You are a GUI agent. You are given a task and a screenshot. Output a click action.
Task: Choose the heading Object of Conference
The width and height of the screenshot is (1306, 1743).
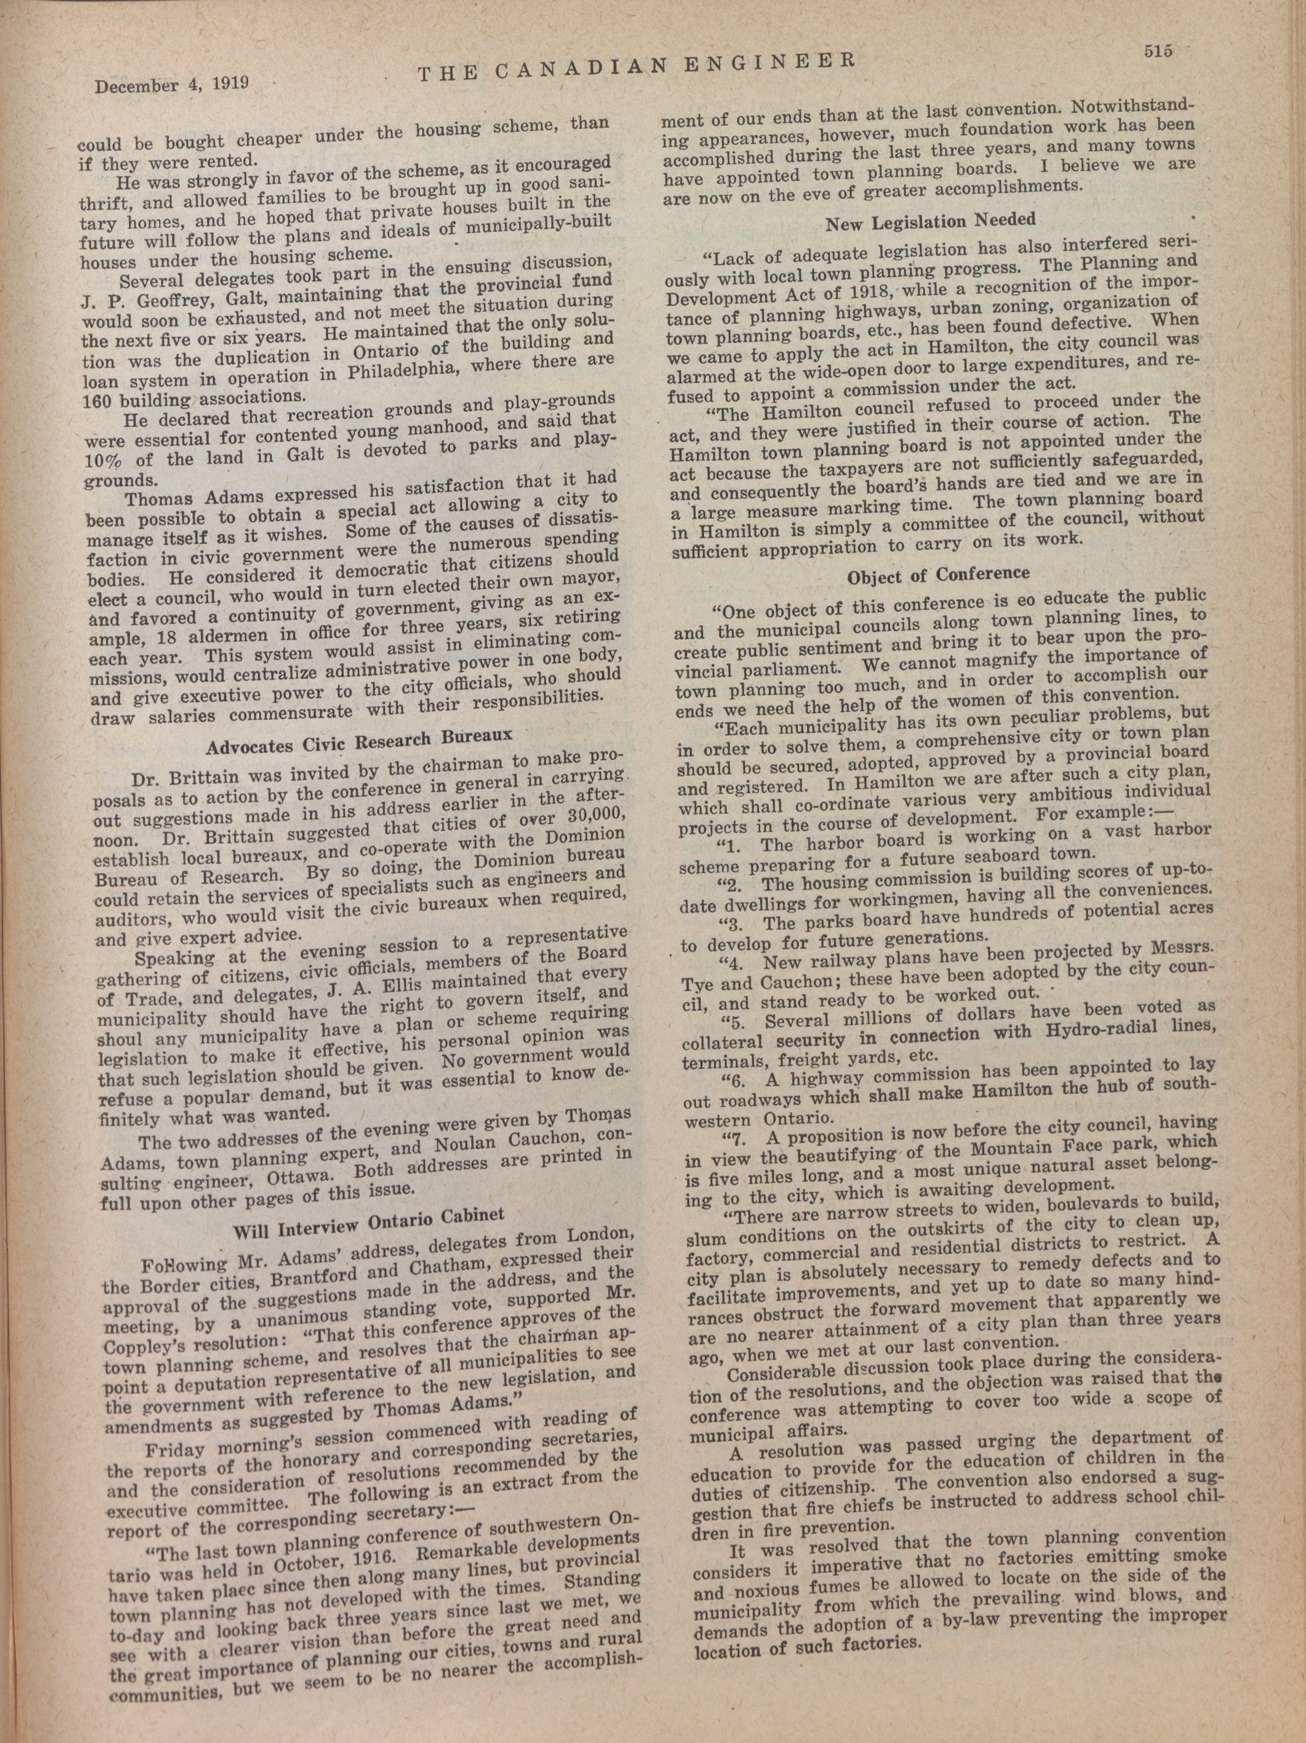pyautogui.click(x=938, y=575)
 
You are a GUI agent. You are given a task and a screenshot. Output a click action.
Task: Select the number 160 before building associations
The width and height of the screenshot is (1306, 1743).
pyautogui.click(x=98, y=400)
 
